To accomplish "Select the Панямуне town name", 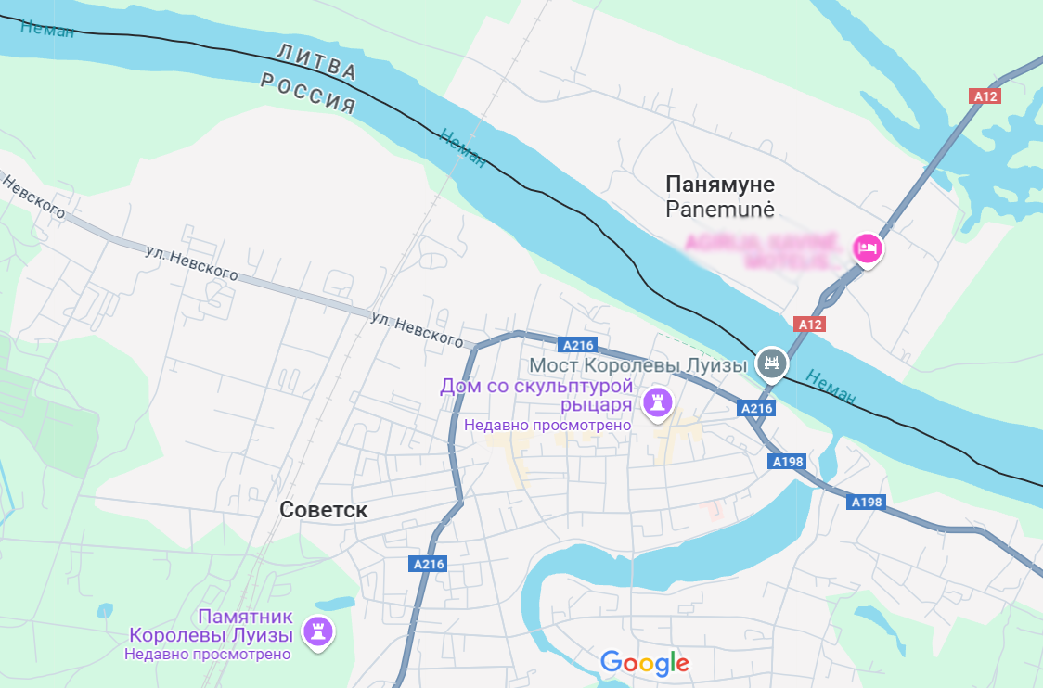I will pyautogui.click(x=720, y=184).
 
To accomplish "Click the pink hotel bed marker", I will pyautogui.click(x=866, y=248).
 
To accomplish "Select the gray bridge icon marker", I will pyautogui.click(x=771, y=362).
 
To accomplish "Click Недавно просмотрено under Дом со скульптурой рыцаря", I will pyautogui.click(x=547, y=425).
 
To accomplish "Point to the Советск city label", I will pyautogui.click(x=324, y=510).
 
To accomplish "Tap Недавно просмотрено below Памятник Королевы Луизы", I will pyautogui.click(x=208, y=654).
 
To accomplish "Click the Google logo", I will pyautogui.click(x=645, y=663).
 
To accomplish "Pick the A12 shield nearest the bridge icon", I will pyautogui.click(x=810, y=324).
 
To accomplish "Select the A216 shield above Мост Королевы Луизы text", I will pyautogui.click(x=578, y=345).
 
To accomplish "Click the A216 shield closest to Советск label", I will pyautogui.click(x=428, y=563).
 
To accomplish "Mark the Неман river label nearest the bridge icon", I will pyautogui.click(x=831, y=387).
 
